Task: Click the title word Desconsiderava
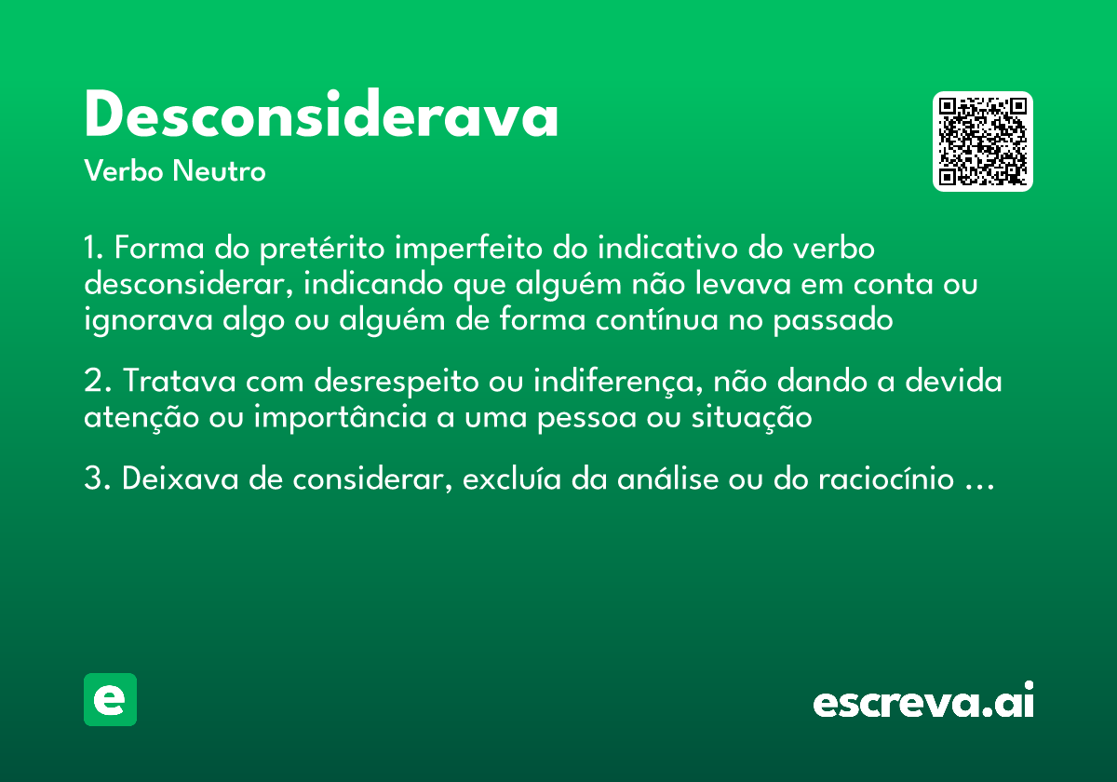pos(321,117)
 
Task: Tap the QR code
pos(982,142)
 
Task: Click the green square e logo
pos(110,699)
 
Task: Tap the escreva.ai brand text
pos(923,702)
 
